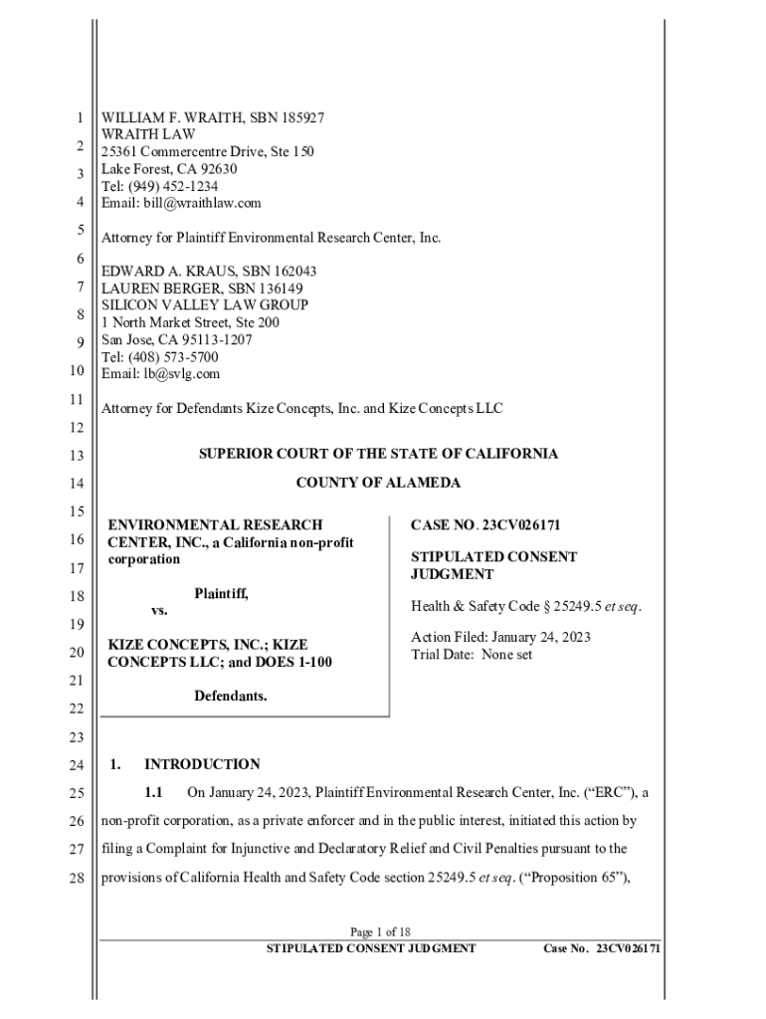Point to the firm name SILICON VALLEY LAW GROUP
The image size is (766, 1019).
pyautogui.click(x=205, y=306)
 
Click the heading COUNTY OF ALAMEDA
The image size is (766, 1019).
pyautogui.click(x=378, y=483)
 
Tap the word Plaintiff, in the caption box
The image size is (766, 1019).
pyautogui.click(x=221, y=594)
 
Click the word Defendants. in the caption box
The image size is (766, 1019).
pyautogui.click(x=230, y=696)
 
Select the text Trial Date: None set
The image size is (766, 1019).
pyautogui.click(x=472, y=655)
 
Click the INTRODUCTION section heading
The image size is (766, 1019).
pyautogui.click(x=202, y=764)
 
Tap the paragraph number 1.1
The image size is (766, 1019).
pyautogui.click(x=152, y=793)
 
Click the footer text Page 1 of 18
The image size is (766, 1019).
pyautogui.click(x=380, y=932)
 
